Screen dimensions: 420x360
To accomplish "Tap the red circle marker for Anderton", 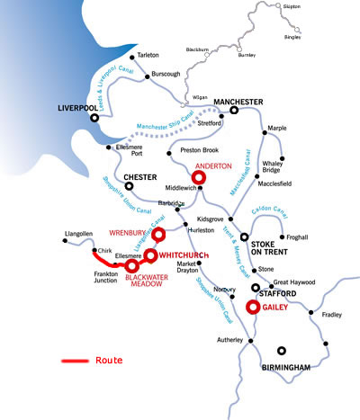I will click(x=199, y=178).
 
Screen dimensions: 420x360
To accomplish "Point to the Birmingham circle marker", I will click(x=283, y=350).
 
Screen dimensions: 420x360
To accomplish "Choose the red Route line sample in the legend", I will click(x=74, y=361).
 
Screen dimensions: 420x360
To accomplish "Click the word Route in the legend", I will click(x=108, y=361).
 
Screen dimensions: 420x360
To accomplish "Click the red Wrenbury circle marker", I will click(x=158, y=236).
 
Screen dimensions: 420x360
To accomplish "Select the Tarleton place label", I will click(x=148, y=55).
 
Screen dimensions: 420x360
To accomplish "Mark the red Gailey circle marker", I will click(x=254, y=307).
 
